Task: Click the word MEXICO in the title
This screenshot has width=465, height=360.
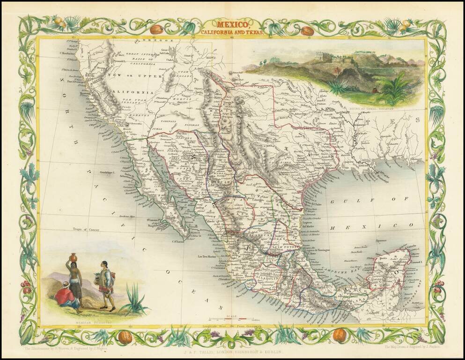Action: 232,23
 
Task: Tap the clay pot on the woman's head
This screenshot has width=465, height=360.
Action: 73,257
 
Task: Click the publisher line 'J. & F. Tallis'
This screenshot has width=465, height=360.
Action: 232,350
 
